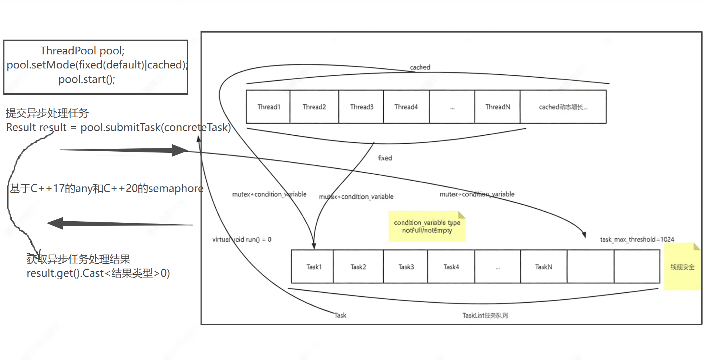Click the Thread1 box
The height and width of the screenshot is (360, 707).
(268, 107)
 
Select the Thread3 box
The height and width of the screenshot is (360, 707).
(361, 107)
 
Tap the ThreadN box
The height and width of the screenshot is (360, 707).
(497, 107)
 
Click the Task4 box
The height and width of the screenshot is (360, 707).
(451, 267)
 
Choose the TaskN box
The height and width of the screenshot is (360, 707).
(543, 267)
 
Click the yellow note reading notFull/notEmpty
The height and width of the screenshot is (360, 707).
(427, 226)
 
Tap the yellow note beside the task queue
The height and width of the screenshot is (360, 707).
(682, 267)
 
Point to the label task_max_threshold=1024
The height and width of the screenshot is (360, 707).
(637, 239)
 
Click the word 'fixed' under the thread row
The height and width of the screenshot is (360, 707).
(385, 158)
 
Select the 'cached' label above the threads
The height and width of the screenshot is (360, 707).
(420, 67)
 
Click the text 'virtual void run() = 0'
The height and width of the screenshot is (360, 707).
(242, 239)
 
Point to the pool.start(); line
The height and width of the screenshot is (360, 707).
(87, 79)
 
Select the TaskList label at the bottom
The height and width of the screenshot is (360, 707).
(485, 315)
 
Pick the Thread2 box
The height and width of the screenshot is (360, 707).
(314, 107)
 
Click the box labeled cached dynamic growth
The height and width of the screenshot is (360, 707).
(563, 107)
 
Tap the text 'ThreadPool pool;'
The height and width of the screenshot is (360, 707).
(82, 50)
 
